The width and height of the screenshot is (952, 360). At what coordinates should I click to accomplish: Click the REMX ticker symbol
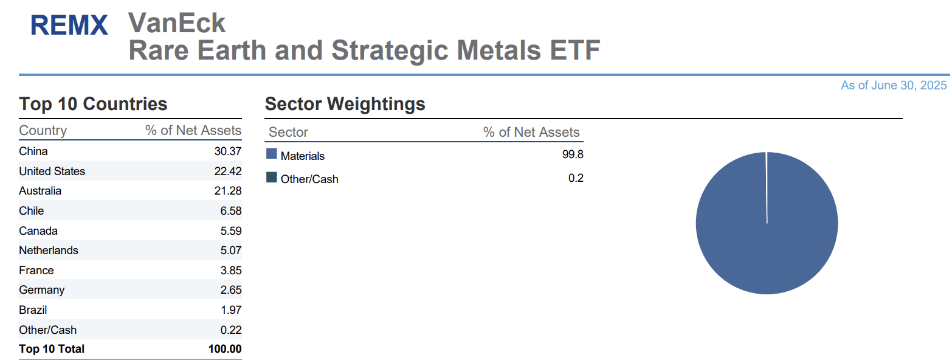pos(69,26)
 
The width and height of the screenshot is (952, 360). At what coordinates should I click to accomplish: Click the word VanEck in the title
pos(177,23)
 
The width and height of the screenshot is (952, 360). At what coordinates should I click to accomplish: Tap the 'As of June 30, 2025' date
pos(893,86)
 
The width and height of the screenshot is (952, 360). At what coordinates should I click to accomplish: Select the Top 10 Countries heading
pos(93,104)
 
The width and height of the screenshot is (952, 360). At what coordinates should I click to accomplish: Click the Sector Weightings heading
pos(345,104)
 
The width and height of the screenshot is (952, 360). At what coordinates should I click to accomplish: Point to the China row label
pos(33,151)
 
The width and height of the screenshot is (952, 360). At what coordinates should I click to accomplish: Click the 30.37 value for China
pos(228,151)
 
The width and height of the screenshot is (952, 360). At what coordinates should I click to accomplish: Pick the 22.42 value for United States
pos(228,171)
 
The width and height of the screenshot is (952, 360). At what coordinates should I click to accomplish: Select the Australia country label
pos(40,191)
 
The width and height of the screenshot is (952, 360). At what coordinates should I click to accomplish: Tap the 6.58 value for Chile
pos(230,211)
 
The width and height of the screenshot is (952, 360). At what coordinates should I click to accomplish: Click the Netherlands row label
pos(49,251)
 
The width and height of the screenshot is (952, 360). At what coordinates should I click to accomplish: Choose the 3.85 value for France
pos(230,271)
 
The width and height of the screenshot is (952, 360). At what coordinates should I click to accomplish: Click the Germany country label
pos(41,290)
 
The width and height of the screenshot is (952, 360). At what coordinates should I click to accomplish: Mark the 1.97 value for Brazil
pos(230,310)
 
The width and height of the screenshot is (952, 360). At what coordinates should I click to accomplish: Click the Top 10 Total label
pos(52,349)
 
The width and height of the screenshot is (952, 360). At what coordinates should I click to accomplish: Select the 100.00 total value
pos(224,349)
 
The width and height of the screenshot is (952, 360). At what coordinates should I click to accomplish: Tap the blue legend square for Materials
pos(272,154)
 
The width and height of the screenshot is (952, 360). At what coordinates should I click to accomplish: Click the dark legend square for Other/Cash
pos(272,178)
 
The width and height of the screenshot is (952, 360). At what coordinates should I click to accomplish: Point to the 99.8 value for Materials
pos(573,154)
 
